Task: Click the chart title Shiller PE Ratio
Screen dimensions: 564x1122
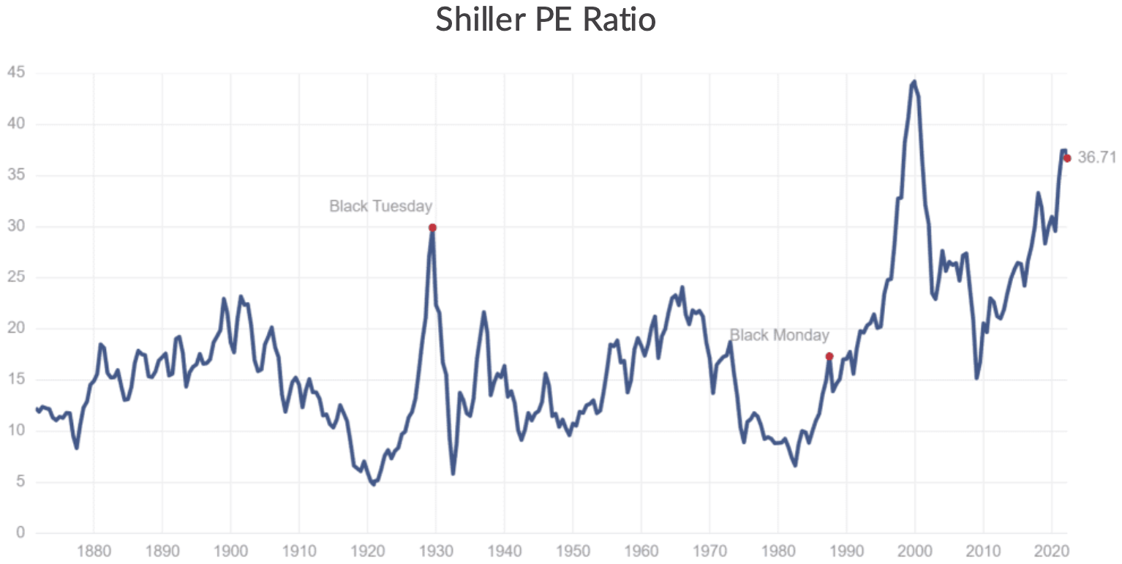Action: point(546,20)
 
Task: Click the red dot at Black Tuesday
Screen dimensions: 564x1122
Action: point(432,228)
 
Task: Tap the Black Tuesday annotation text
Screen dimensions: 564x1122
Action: point(380,206)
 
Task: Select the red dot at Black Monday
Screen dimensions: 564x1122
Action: point(829,356)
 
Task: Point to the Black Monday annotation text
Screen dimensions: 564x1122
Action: point(779,335)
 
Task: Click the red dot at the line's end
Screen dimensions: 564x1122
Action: point(1066,158)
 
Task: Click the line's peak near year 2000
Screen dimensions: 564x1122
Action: point(914,82)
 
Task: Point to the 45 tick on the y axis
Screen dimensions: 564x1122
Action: point(15,73)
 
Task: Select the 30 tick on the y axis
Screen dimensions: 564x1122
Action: point(15,227)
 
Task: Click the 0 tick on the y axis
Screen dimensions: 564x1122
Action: point(20,533)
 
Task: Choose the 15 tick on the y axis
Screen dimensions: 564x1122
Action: point(15,380)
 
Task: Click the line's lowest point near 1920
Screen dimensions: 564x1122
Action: point(373,484)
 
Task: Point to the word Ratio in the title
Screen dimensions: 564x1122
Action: point(620,20)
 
